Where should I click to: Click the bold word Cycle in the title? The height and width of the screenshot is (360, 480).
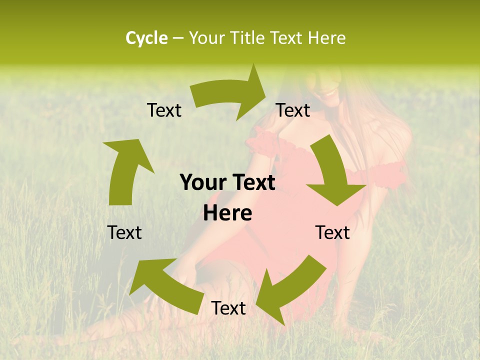click(x=146, y=38)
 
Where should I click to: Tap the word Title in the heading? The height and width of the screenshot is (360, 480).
click(x=248, y=38)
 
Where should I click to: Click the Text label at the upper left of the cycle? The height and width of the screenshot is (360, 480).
click(x=164, y=110)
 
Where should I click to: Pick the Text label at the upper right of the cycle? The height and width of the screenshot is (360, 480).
click(x=293, y=110)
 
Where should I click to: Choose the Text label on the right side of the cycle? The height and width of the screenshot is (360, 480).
click(x=332, y=232)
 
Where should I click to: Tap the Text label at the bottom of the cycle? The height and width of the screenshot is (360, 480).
click(x=228, y=308)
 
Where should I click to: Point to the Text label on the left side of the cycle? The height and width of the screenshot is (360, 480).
click(x=124, y=232)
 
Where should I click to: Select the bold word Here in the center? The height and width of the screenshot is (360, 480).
click(x=227, y=213)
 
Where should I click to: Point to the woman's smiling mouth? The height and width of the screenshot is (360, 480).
click(x=328, y=92)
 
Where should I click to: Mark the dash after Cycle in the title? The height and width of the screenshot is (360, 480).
click(x=178, y=38)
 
